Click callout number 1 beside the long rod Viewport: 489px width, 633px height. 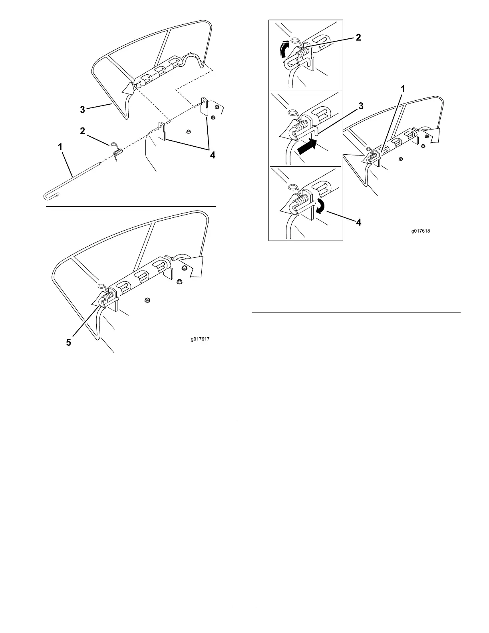[60, 147]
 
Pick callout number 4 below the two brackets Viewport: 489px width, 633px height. [213, 155]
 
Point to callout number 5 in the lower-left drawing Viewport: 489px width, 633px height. [69, 342]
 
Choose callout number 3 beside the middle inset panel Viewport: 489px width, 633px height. [360, 106]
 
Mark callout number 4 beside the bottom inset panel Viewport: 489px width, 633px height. [359, 222]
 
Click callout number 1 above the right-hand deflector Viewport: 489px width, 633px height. [403, 90]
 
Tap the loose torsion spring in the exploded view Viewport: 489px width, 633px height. [117, 153]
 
